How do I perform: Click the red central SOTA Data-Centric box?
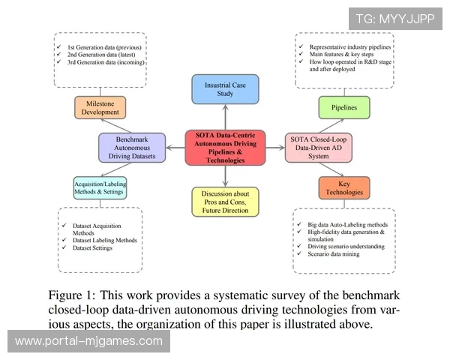pyautogui.click(x=225, y=147)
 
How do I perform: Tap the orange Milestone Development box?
pyautogui.click(x=100, y=106)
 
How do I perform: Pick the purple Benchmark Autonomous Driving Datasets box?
pyautogui.click(x=131, y=147)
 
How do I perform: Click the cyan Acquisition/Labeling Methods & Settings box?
pyautogui.click(x=100, y=187)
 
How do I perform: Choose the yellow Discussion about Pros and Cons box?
pyautogui.click(x=225, y=202)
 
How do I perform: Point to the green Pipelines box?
pyautogui.click(x=344, y=107)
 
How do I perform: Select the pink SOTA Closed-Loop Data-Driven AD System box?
pyautogui.click(x=318, y=147)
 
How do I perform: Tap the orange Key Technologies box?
pyautogui.click(x=344, y=187)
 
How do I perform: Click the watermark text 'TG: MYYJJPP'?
pyautogui.click(x=395, y=18)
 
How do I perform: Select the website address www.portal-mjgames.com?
pyautogui.click(x=88, y=341)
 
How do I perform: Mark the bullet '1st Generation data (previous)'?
pyautogui.click(x=106, y=46)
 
